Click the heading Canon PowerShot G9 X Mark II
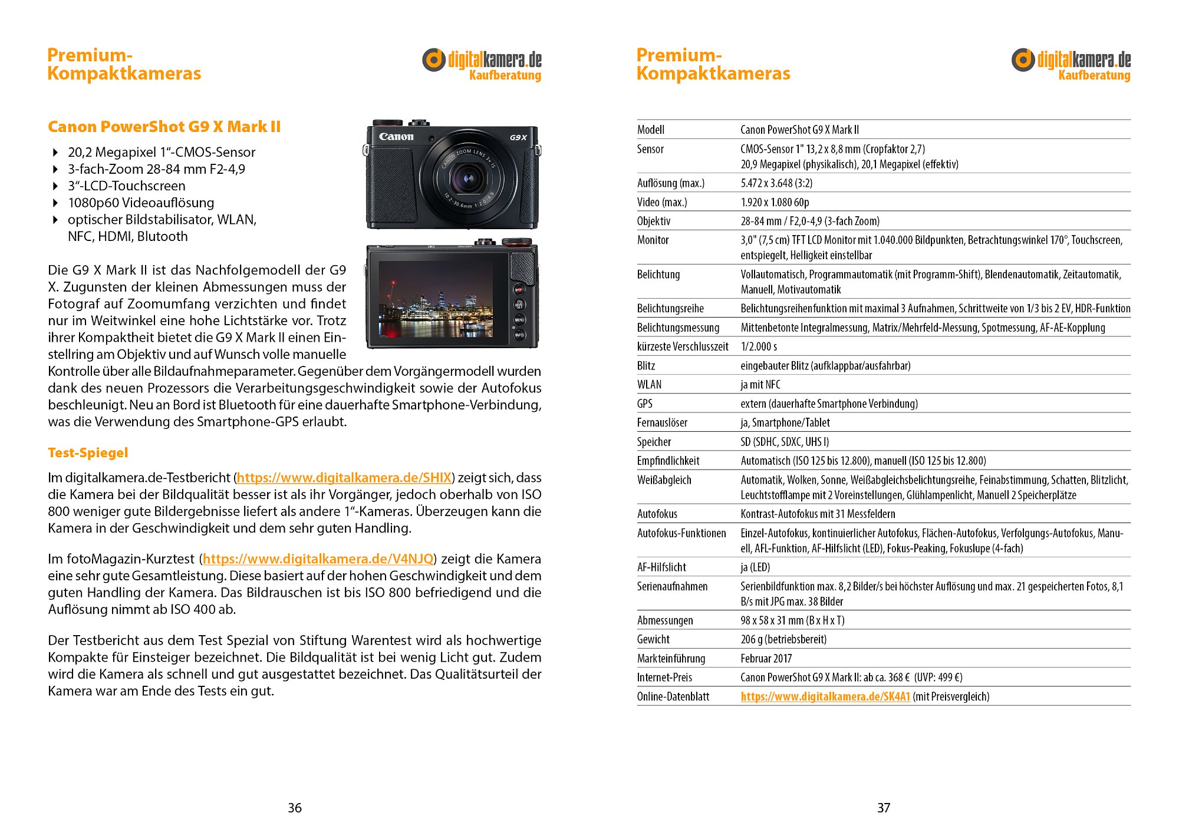coord(164,127)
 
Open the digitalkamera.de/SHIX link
coord(344,477)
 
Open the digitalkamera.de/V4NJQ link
coord(318,559)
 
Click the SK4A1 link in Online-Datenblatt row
coord(825,696)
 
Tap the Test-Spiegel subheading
coord(88,452)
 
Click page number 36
coord(295,808)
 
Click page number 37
coord(884,808)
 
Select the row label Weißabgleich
coord(664,480)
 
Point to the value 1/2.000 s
coord(759,346)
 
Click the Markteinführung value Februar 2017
coord(766,658)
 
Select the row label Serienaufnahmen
coord(672,586)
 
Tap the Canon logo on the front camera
coord(396,137)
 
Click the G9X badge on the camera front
coord(518,137)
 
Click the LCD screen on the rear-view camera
coord(436,298)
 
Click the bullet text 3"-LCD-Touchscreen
coord(126,186)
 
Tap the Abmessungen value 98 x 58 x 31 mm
coord(792,620)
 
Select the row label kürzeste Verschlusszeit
coord(682,346)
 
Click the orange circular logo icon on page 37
coord(1023,60)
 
